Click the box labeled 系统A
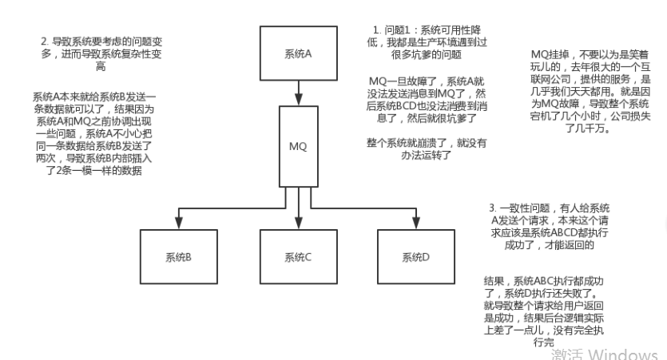click(x=296, y=53)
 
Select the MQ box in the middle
click(x=296, y=146)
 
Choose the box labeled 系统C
click(x=296, y=257)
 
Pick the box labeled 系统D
click(x=416, y=257)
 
